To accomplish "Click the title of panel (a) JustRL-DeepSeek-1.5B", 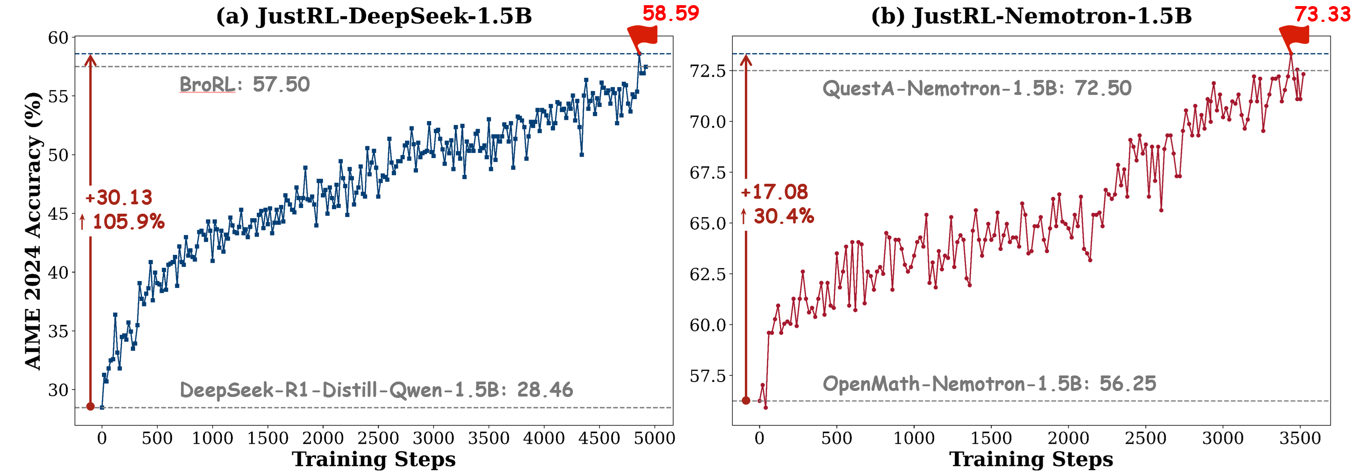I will coord(374,16).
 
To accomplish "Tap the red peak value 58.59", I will coord(670,13).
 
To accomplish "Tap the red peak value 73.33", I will coord(1322,14).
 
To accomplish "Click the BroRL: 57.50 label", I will coord(245,84).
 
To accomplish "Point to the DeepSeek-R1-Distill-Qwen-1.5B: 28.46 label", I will coord(376,390).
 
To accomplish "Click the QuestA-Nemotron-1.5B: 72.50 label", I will coord(976,88).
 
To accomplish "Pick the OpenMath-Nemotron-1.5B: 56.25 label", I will coord(989,384).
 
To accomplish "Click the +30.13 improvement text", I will coord(119,197).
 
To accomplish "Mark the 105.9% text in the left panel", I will coord(129,222).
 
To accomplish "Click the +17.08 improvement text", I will coord(774,192).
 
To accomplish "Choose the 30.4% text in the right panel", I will coord(783,216).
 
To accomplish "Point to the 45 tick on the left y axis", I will coord(58,214).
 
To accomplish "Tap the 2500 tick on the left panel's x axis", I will coord(378,438).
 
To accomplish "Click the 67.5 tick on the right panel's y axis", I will coord(708,173).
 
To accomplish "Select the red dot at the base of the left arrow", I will coord(90,406).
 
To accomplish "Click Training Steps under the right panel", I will coord(1031,459).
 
